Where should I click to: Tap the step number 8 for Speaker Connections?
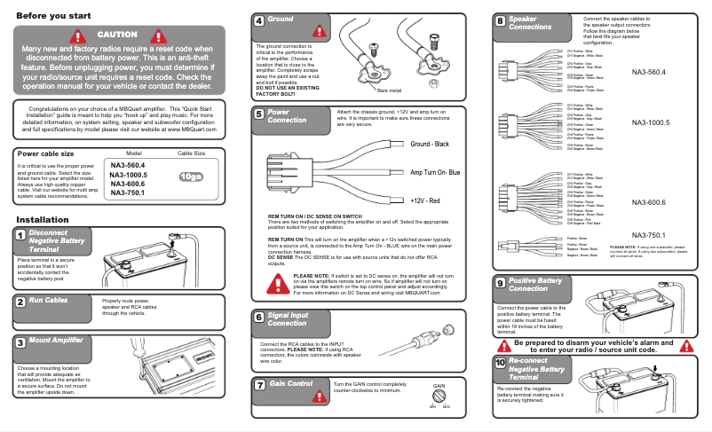pos(501,20)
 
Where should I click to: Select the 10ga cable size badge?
pos(191,176)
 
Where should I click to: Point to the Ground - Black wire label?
pos(430,144)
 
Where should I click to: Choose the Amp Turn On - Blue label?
pos(435,172)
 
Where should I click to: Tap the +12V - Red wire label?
pos(426,202)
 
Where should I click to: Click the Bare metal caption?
pos(389,90)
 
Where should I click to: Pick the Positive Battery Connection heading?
pos(535,284)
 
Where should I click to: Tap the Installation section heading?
pos(36,220)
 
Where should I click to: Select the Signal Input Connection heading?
pos(289,319)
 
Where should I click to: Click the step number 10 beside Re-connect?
pos(501,364)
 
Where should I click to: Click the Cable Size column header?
pos(192,153)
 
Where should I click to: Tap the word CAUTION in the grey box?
pos(118,34)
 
